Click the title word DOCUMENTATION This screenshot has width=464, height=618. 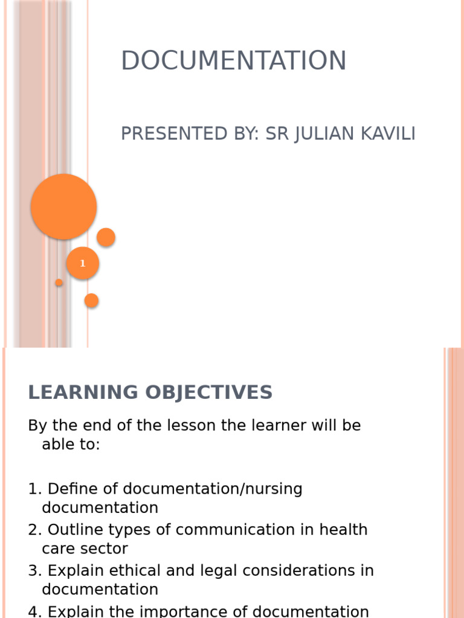tap(233, 61)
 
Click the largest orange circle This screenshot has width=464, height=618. tap(64, 206)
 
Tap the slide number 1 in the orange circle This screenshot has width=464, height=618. tap(83, 264)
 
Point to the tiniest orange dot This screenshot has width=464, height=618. tap(59, 282)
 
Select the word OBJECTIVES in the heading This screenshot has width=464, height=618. tap(205, 393)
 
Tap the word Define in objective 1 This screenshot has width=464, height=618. tap(68, 489)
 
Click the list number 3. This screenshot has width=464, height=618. tap(33, 570)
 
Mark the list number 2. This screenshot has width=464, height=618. tap(33, 530)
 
